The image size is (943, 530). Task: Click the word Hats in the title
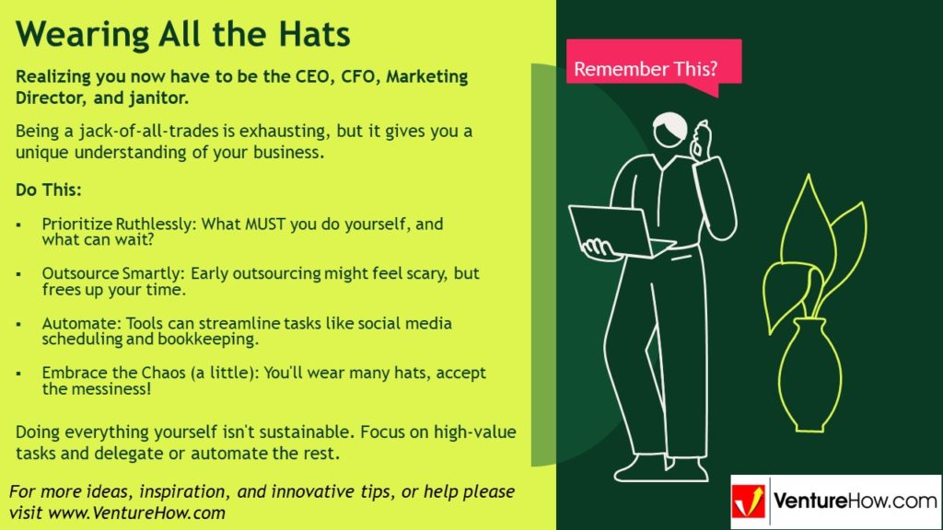click(x=314, y=34)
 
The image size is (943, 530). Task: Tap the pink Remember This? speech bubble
click(x=654, y=66)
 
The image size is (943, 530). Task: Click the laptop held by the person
click(x=620, y=232)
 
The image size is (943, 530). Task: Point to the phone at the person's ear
click(x=700, y=138)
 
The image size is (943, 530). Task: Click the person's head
click(x=670, y=129)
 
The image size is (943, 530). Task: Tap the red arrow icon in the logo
click(x=748, y=501)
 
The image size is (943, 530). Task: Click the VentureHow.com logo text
click(x=855, y=501)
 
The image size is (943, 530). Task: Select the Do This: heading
click(x=48, y=190)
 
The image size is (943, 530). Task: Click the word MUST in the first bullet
click(x=265, y=225)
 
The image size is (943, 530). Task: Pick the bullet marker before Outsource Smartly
click(x=18, y=274)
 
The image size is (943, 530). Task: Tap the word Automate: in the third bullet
click(x=81, y=323)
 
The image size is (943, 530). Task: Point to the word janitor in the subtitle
click(x=157, y=98)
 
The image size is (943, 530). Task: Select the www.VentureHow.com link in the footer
click(x=136, y=513)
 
